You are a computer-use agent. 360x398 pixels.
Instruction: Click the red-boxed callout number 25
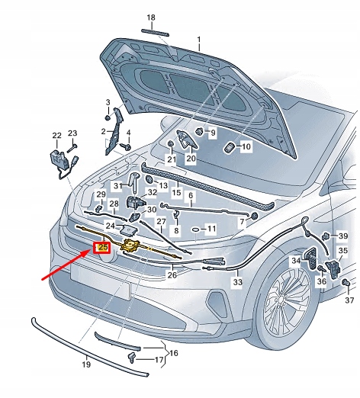pyautogui.click(x=102, y=246)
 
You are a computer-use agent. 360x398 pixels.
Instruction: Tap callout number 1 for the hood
pyautogui.click(x=200, y=39)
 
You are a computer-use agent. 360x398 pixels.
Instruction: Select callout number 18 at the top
pyautogui.click(x=150, y=18)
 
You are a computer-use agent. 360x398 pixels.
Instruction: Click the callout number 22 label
pyautogui.click(x=56, y=136)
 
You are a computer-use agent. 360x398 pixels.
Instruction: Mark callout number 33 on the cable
pyautogui.click(x=237, y=282)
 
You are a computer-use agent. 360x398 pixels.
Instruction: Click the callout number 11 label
pyautogui.click(x=211, y=229)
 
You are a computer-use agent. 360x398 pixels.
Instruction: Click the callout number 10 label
pyautogui.click(x=245, y=146)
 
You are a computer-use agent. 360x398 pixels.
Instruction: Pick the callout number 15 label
pyautogui.click(x=176, y=194)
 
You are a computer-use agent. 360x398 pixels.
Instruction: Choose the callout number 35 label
pyautogui.click(x=342, y=250)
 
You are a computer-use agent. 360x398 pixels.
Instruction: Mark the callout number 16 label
pyautogui.click(x=173, y=353)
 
